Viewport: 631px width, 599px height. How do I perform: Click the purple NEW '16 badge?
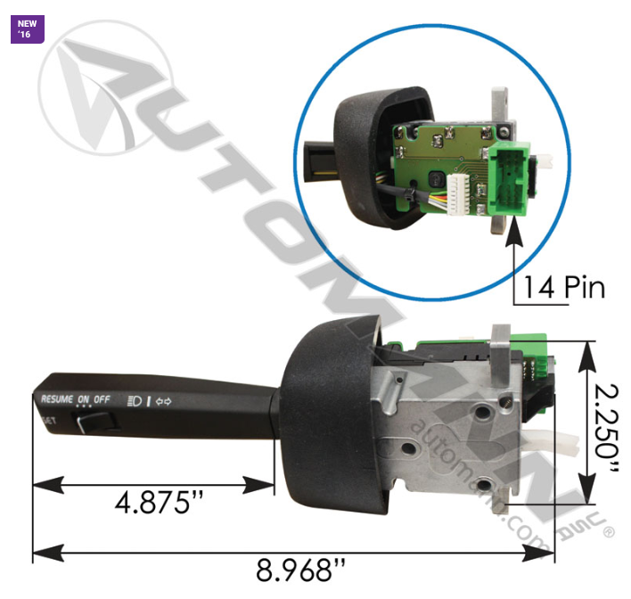pos(26,28)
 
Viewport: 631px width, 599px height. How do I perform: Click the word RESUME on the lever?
pos(57,399)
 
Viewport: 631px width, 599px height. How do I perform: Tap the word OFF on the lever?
pos(102,399)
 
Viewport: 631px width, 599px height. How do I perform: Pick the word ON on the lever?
pos(84,399)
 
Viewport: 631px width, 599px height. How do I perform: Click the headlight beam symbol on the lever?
pos(135,400)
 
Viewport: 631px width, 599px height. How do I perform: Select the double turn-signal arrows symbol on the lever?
pos(163,400)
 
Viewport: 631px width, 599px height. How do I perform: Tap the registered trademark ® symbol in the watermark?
pos(608,532)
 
